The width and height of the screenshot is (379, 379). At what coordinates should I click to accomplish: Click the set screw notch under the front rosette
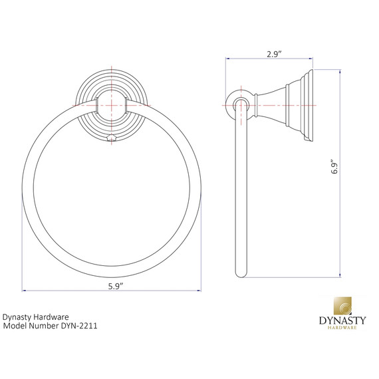tap(112, 138)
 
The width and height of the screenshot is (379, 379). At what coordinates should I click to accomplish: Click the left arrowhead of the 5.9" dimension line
tap(25, 291)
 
